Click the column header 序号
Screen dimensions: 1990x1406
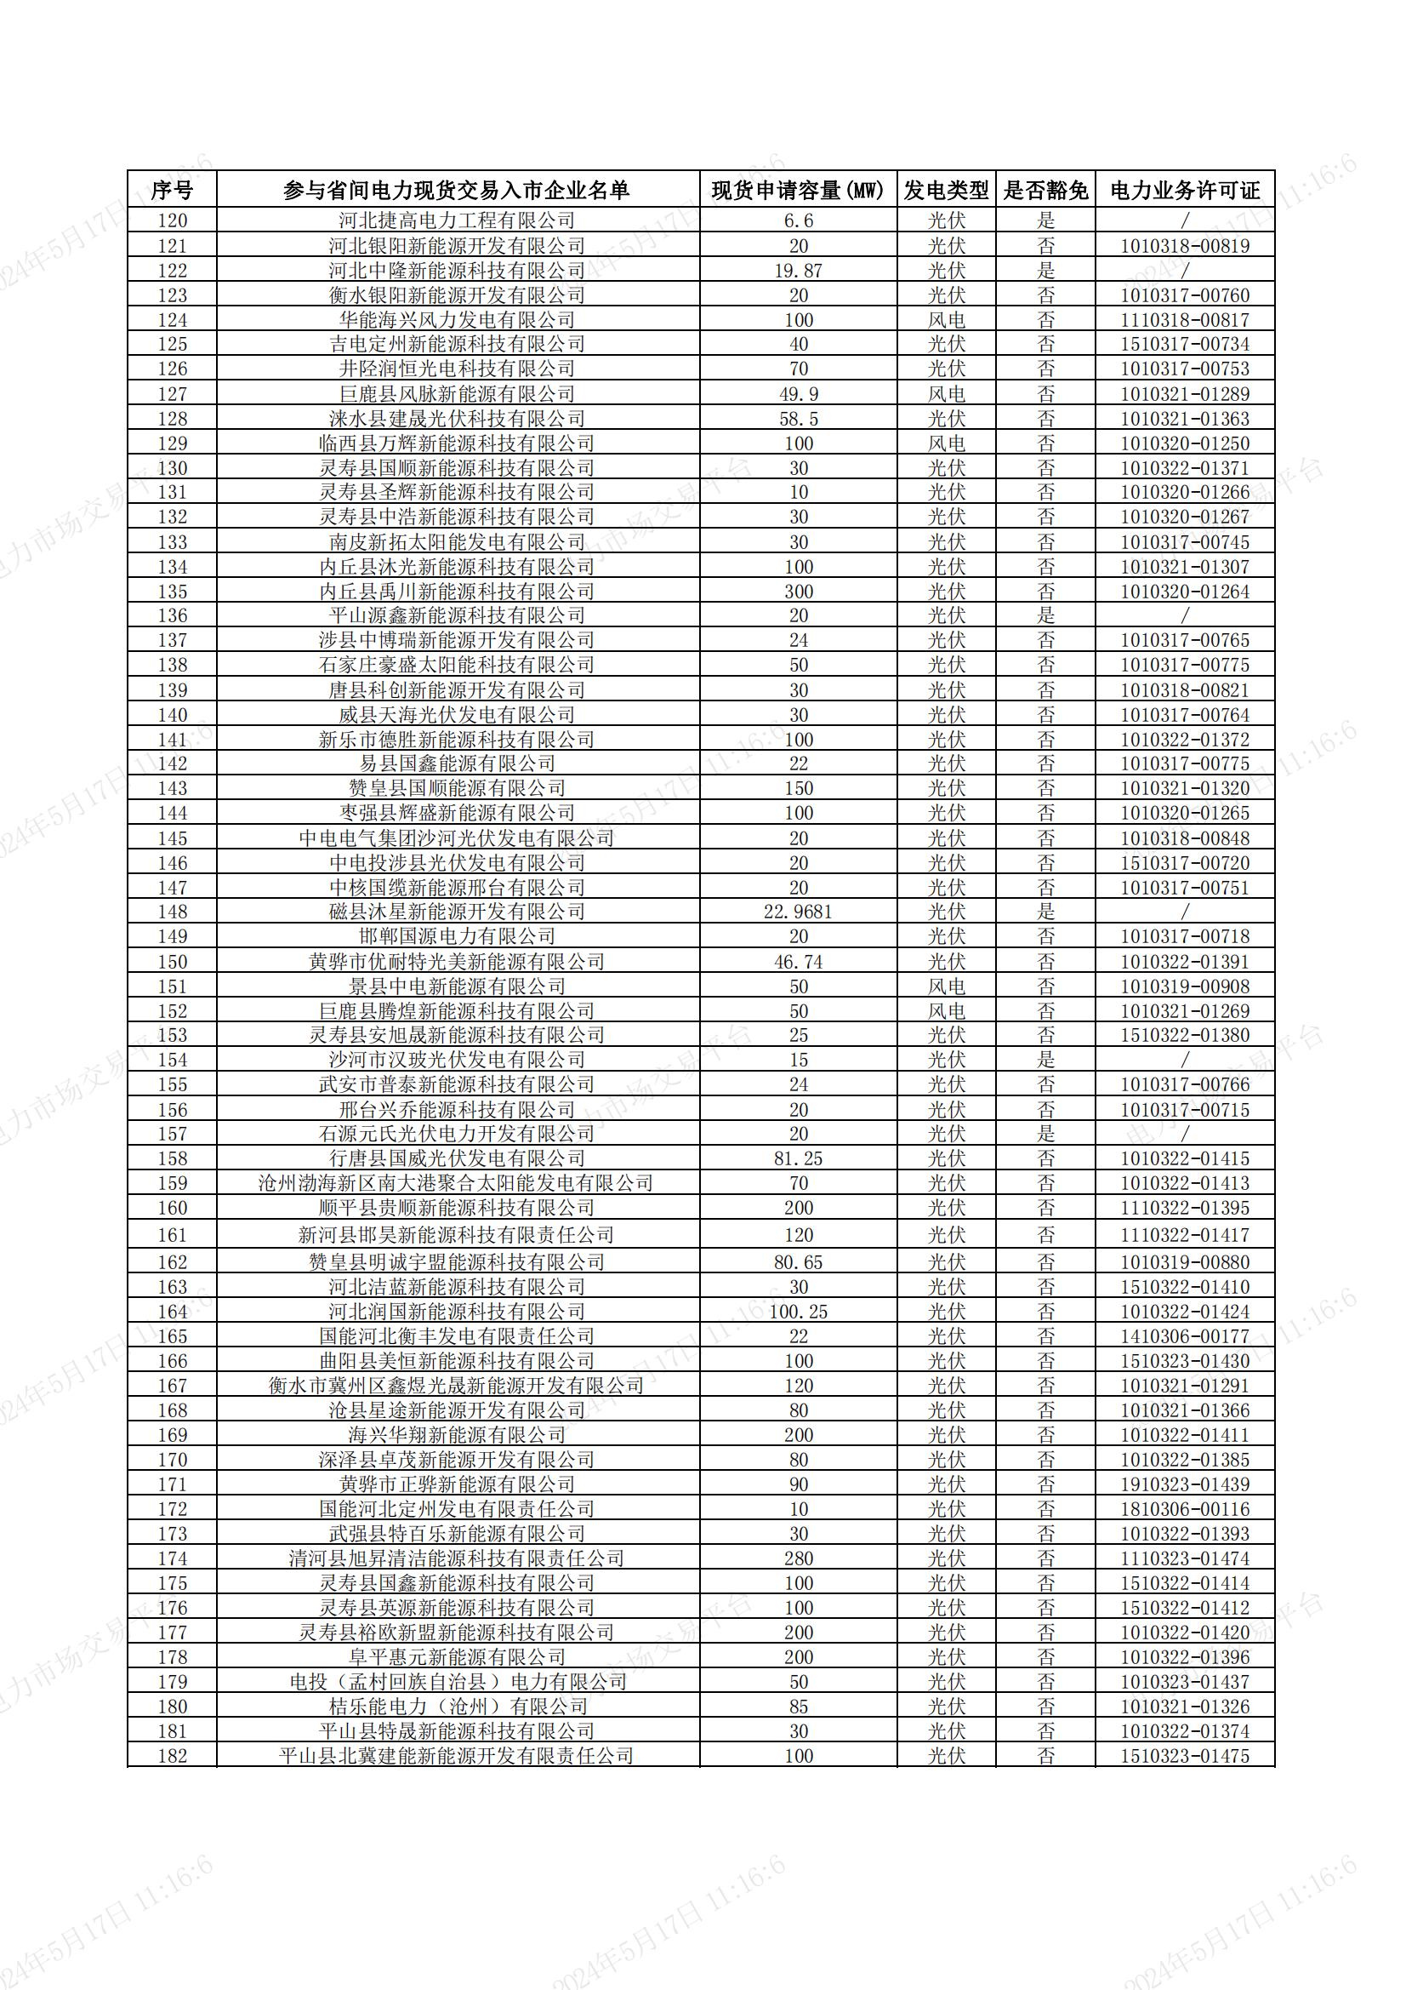click(x=172, y=190)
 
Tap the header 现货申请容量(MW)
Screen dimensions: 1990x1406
click(x=798, y=190)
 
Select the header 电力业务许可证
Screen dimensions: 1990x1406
click(x=1184, y=190)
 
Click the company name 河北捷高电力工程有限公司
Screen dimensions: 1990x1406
click(x=457, y=220)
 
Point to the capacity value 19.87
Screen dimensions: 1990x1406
click(x=798, y=271)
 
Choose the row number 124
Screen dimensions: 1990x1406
click(x=172, y=320)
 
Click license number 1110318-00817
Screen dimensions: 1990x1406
click(x=1184, y=320)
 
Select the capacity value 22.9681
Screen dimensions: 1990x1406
click(x=798, y=912)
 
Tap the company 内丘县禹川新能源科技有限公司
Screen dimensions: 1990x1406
click(x=457, y=591)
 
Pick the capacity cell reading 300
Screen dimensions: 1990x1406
click(x=798, y=591)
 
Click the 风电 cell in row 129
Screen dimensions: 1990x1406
click(x=946, y=443)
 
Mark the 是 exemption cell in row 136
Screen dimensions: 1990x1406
click(x=1045, y=615)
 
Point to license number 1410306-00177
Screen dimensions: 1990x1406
click(x=1184, y=1336)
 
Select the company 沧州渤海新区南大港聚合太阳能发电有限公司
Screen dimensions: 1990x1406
click(x=457, y=1183)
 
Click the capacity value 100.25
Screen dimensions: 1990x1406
click(x=798, y=1312)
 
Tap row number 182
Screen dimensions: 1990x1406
click(x=172, y=1756)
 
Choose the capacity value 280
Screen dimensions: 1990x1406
click(x=798, y=1558)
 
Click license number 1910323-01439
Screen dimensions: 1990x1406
click(x=1184, y=1484)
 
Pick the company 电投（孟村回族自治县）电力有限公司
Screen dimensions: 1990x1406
click(x=457, y=1681)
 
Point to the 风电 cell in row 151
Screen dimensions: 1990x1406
click(x=946, y=986)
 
